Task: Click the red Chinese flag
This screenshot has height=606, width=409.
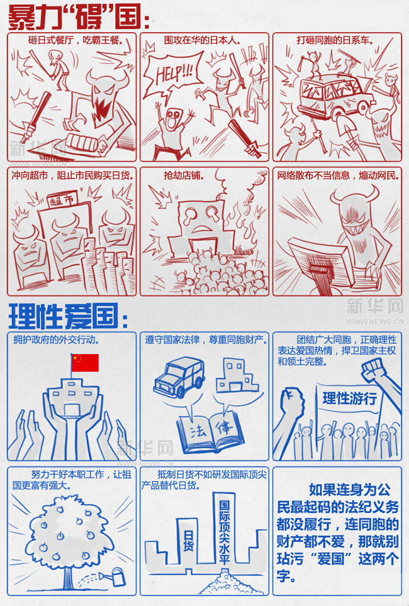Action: [x=85, y=363]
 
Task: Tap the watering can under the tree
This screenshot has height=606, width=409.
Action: [x=116, y=574]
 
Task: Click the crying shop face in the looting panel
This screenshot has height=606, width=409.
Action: [x=199, y=221]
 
